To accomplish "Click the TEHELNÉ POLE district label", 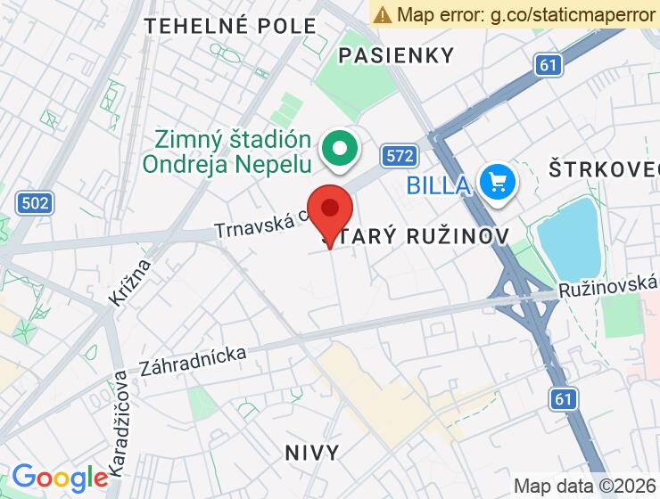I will [x=230, y=26].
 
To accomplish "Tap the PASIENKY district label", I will [x=397, y=55].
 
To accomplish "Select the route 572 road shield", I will [x=400, y=157].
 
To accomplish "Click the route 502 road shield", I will [x=34, y=203].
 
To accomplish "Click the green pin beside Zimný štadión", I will [x=339, y=149].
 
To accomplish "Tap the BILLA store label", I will [x=437, y=185].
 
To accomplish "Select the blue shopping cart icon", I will [x=496, y=184].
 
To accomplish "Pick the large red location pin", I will [x=330, y=212].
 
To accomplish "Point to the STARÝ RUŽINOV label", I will [x=415, y=236].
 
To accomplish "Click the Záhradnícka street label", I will [x=193, y=359].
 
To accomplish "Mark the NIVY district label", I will [x=313, y=453].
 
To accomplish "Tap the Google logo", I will [x=59, y=478].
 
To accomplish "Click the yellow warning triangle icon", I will [x=383, y=14].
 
